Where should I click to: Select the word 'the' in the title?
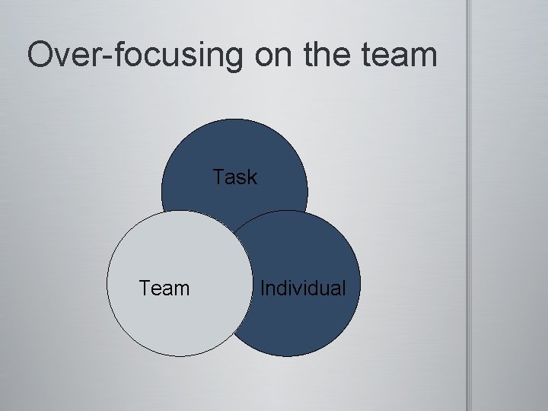334,56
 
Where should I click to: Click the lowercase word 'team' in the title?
404,56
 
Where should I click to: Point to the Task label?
235,177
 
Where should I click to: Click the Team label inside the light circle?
164,288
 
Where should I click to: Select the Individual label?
303,288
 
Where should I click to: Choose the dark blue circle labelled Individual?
304,327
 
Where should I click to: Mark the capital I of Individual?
263,288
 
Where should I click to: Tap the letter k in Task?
252,177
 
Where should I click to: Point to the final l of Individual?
343,288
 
